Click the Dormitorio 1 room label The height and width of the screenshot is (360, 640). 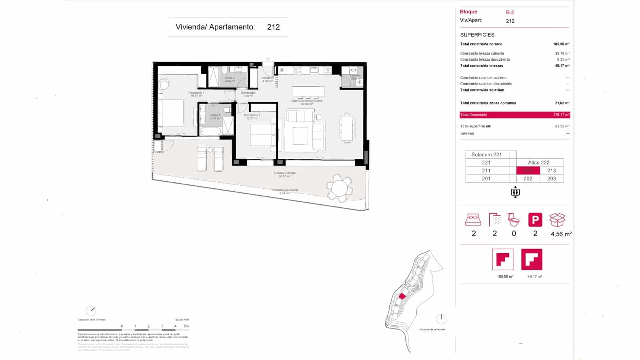pos(196,94)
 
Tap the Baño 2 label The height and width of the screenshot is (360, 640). pos(230,79)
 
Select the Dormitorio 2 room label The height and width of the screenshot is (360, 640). pos(252,116)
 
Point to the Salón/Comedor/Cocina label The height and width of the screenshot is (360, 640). pos(307,102)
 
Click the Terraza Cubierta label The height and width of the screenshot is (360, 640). pos(284,174)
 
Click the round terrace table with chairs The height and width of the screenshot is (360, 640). pos(339,188)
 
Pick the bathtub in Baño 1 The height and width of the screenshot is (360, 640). pos(210,131)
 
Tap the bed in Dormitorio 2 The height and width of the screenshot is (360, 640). pos(262,135)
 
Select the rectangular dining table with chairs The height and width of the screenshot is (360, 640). pos(347,128)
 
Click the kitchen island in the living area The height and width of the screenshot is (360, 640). pos(308,92)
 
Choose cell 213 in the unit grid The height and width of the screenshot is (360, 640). pos(551,170)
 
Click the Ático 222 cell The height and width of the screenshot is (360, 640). pos(538,162)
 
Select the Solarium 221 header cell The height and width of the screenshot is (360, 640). pos(486,154)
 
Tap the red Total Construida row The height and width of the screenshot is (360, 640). pos(514,115)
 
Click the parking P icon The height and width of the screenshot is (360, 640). pos(535,220)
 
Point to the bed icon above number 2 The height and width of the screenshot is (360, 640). pos(473,220)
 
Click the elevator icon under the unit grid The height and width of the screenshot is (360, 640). pos(515,192)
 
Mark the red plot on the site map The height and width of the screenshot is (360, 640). pos(402,296)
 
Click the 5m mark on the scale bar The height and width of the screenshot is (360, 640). pos(186,326)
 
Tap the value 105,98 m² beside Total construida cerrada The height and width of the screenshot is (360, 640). pos(561,44)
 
